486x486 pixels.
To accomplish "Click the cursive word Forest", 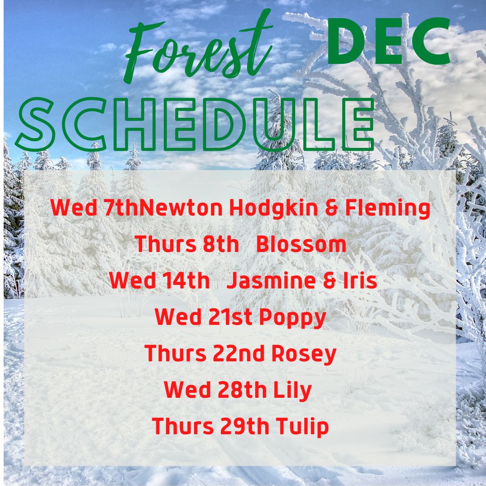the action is point(198,46).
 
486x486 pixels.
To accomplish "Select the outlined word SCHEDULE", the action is point(196,124).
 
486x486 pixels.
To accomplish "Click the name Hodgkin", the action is point(274,207).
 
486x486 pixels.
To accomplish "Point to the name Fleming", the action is point(387,208).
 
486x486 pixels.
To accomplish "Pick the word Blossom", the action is point(301,244).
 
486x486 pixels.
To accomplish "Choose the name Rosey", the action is point(304,354).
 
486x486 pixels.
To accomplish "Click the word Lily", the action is point(292,390).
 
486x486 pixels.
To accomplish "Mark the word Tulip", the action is point(302,427).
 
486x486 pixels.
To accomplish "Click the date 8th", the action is point(220,244).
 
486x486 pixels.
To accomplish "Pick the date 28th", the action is point(242,390).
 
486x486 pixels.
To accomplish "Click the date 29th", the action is point(244,426).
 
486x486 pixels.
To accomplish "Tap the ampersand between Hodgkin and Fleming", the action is point(331,208).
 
